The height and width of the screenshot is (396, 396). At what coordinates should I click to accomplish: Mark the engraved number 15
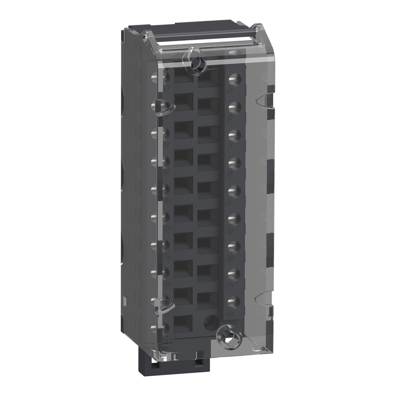230,258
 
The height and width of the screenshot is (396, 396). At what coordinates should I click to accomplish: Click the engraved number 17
230,285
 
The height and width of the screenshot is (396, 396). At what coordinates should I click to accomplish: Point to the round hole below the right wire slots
208,322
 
